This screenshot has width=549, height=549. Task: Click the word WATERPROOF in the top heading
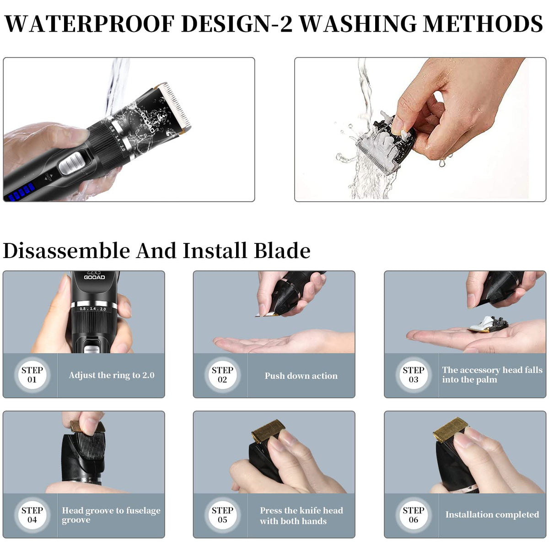coord(90,23)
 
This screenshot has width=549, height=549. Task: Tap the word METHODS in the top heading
coord(483,23)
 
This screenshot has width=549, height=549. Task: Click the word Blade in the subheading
coord(282,251)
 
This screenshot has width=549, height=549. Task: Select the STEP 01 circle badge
coord(32,375)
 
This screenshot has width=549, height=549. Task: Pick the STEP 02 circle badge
coord(222,375)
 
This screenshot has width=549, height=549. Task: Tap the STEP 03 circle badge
coord(413,375)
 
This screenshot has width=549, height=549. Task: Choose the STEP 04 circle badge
coord(32,515)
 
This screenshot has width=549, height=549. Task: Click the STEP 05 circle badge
coord(222,515)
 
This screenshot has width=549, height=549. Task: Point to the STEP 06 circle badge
coord(413,515)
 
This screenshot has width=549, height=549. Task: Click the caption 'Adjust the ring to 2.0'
coord(112,375)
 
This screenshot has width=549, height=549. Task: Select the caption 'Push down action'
coord(301,376)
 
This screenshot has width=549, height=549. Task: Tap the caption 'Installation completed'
coord(492,515)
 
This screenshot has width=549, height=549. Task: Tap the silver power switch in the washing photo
coord(72,163)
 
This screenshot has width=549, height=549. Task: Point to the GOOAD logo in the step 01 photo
coord(94,275)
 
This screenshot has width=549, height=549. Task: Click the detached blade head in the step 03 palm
coord(488,324)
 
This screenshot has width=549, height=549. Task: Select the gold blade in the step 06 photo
coord(450,430)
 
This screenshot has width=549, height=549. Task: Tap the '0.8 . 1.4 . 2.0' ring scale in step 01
coord(93,309)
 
